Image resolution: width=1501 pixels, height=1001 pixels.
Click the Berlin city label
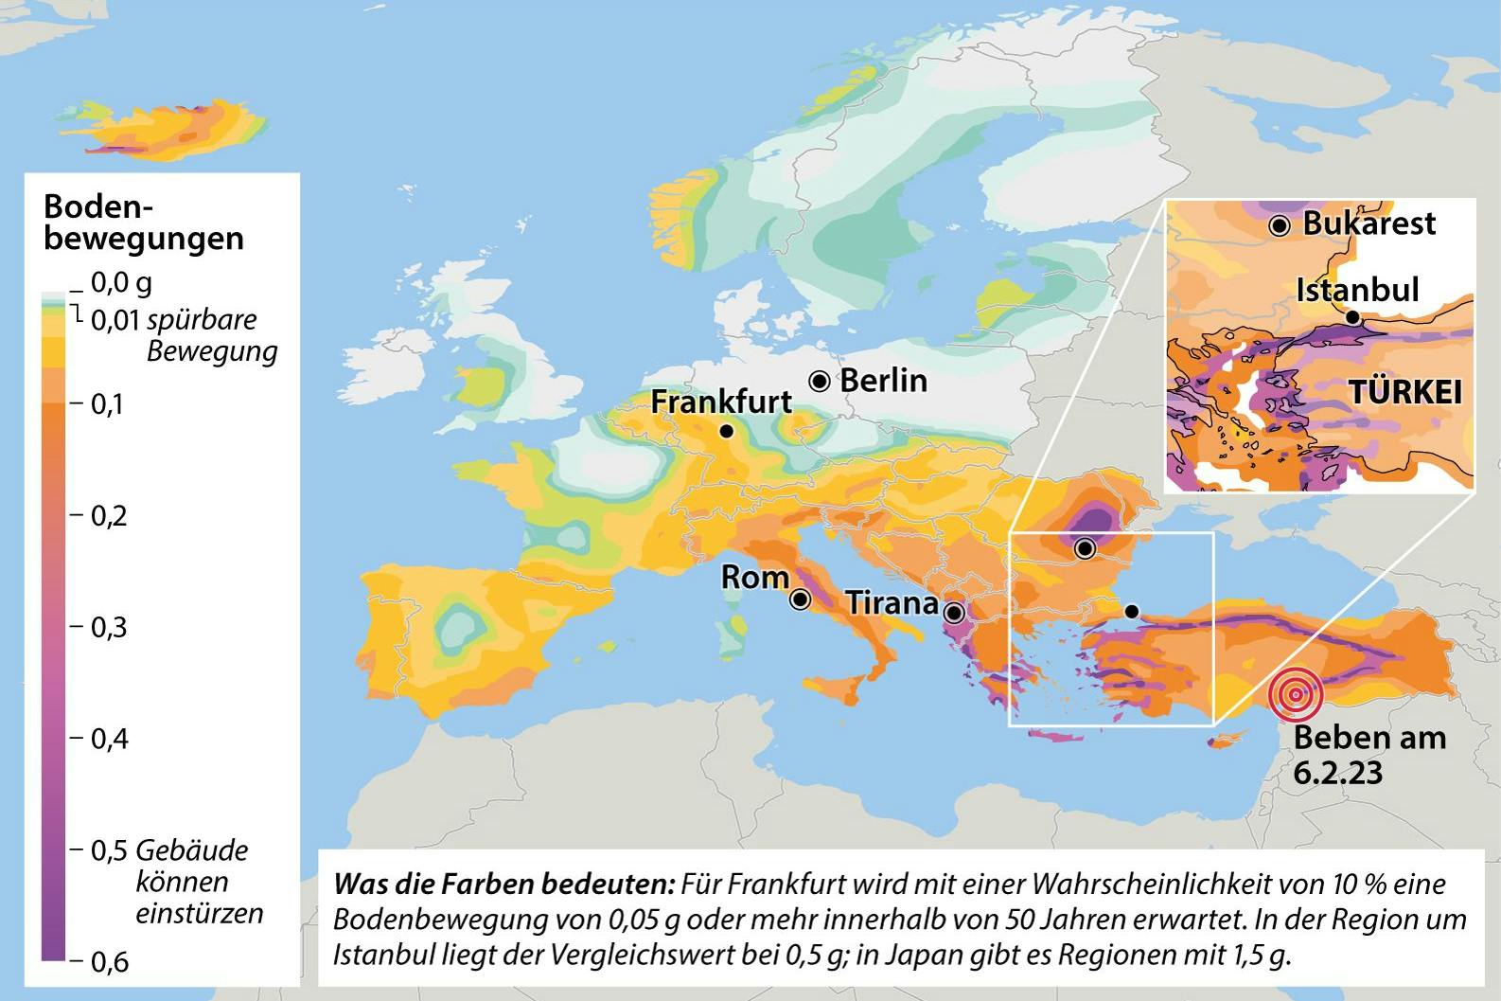pos(883,381)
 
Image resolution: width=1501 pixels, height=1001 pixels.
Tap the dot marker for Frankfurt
pos(726,431)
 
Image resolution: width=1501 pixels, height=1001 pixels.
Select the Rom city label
pos(754,577)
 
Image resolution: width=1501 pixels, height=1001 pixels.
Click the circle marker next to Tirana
pos(954,612)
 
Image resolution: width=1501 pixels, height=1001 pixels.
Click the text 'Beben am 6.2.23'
pos(1369,754)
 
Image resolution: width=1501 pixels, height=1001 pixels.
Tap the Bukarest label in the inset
pos(1369,223)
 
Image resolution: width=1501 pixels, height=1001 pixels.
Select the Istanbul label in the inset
pos(1357,290)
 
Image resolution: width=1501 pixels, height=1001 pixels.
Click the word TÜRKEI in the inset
pos(1404,392)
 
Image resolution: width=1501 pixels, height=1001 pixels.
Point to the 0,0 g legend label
pos(120,282)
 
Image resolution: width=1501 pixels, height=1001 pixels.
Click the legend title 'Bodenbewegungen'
pos(144,222)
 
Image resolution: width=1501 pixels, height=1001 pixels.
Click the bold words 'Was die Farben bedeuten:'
pos(503,885)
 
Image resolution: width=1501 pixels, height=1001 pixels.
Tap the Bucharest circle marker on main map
pos(1085,547)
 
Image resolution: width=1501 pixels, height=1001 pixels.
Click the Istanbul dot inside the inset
pos(1353,317)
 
